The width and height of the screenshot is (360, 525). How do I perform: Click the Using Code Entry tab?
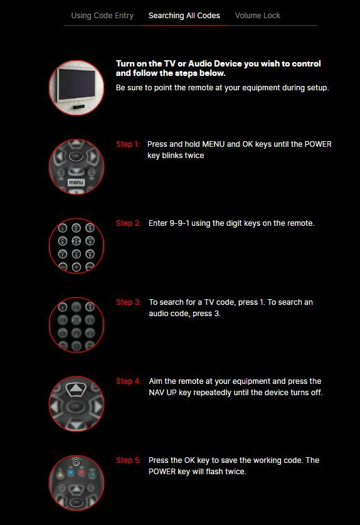(x=102, y=16)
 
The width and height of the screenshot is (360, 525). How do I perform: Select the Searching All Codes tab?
(x=184, y=16)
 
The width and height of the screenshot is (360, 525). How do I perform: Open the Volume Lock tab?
(x=257, y=16)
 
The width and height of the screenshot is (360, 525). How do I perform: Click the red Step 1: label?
(x=128, y=144)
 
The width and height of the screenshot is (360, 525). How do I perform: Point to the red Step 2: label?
(x=128, y=223)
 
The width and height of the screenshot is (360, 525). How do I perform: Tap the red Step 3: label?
(x=128, y=302)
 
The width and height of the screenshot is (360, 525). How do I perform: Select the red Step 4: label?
(x=128, y=381)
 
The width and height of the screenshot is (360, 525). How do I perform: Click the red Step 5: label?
(x=128, y=460)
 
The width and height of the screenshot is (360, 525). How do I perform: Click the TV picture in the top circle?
(x=76, y=88)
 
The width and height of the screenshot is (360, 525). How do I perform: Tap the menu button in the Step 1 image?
(x=76, y=183)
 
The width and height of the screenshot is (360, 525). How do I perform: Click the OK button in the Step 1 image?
(x=76, y=156)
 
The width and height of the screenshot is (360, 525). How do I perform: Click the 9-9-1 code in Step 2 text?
(x=182, y=223)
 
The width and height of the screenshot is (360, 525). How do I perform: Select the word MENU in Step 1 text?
(x=213, y=144)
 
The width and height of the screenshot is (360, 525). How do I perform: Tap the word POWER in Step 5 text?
(x=163, y=472)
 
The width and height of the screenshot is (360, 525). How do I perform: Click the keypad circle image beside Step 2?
(x=76, y=246)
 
